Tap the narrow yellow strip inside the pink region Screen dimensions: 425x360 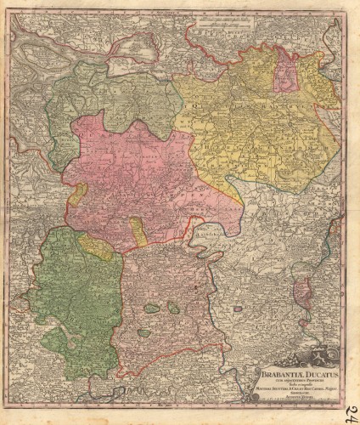click(137, 230)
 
